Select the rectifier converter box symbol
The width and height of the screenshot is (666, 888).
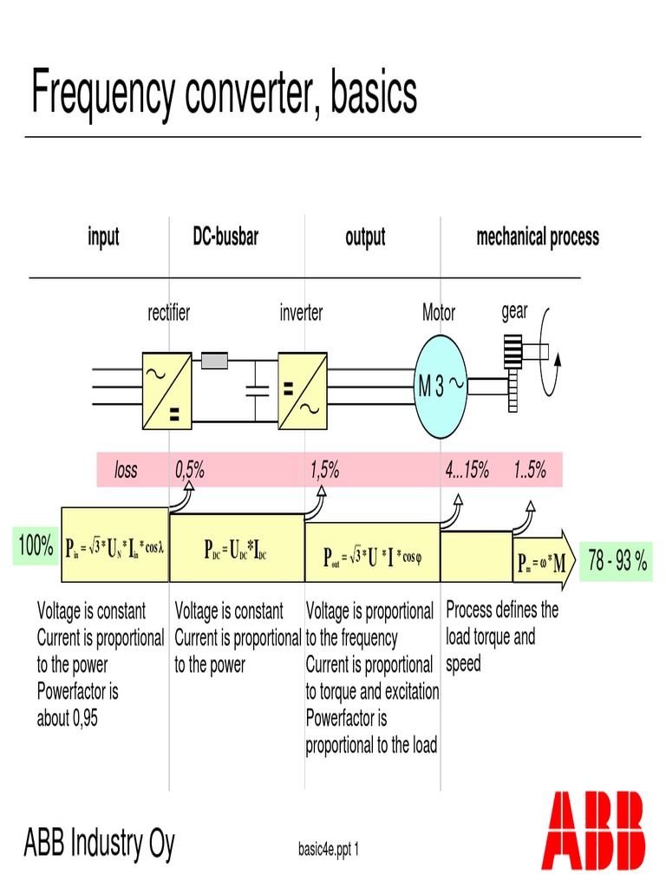[166, 390]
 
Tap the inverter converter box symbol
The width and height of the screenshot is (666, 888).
[302, 390]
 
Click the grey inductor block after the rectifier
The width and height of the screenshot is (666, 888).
[214, 359]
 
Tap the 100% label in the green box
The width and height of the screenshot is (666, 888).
[36, 546]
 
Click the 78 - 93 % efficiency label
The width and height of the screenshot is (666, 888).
[617, 560]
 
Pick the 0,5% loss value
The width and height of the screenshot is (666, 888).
[189, 470]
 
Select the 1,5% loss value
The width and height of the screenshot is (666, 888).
[324, 470]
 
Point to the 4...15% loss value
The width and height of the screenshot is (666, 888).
[467, 470]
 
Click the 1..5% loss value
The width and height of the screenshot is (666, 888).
[529, 470]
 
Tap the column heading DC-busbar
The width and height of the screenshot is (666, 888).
[225, 236]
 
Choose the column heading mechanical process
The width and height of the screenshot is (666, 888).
[538, 237]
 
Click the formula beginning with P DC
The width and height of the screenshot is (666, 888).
[234, 549]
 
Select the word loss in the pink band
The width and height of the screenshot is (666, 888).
[127, 470]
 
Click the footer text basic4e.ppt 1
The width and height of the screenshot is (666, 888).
[328, 848]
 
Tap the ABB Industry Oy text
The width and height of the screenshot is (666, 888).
[99, 843]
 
